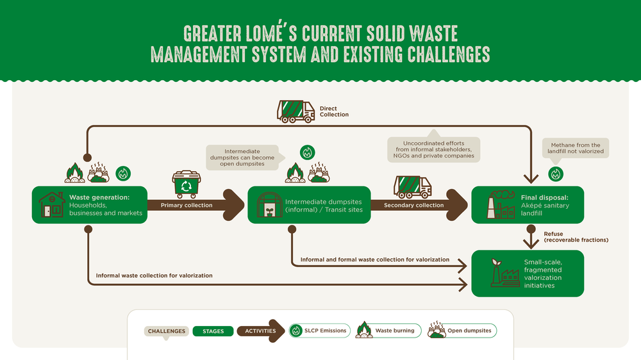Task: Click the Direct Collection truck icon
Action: (x=296, y=111)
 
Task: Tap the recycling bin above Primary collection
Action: (x=187, y=184)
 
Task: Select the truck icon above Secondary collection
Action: (x=412, y=187)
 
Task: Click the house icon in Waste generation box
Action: (x=52, y=205)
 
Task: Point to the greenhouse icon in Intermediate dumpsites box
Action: (x=269, y=205)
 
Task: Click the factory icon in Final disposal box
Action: (x=501, y=204)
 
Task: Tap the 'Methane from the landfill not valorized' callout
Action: (x=575, y=148)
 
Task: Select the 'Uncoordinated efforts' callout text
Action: (x=434, y=149)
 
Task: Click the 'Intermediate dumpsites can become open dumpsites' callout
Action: (x=242, y=158)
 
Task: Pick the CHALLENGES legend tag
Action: (x=167, y=331)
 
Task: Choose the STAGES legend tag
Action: (x=213, y=331)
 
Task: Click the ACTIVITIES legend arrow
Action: (x=261, y=331)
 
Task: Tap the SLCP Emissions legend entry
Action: (x=320, y=331)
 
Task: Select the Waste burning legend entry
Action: (x=388, y=330)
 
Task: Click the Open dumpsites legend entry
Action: (x=462, y=330)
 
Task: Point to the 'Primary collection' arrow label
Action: (x=187, y=205)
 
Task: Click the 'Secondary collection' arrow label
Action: (x=413, y=205)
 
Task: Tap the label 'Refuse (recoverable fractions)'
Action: (x=576, y=237)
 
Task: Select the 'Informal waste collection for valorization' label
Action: (x=154, y=275)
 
